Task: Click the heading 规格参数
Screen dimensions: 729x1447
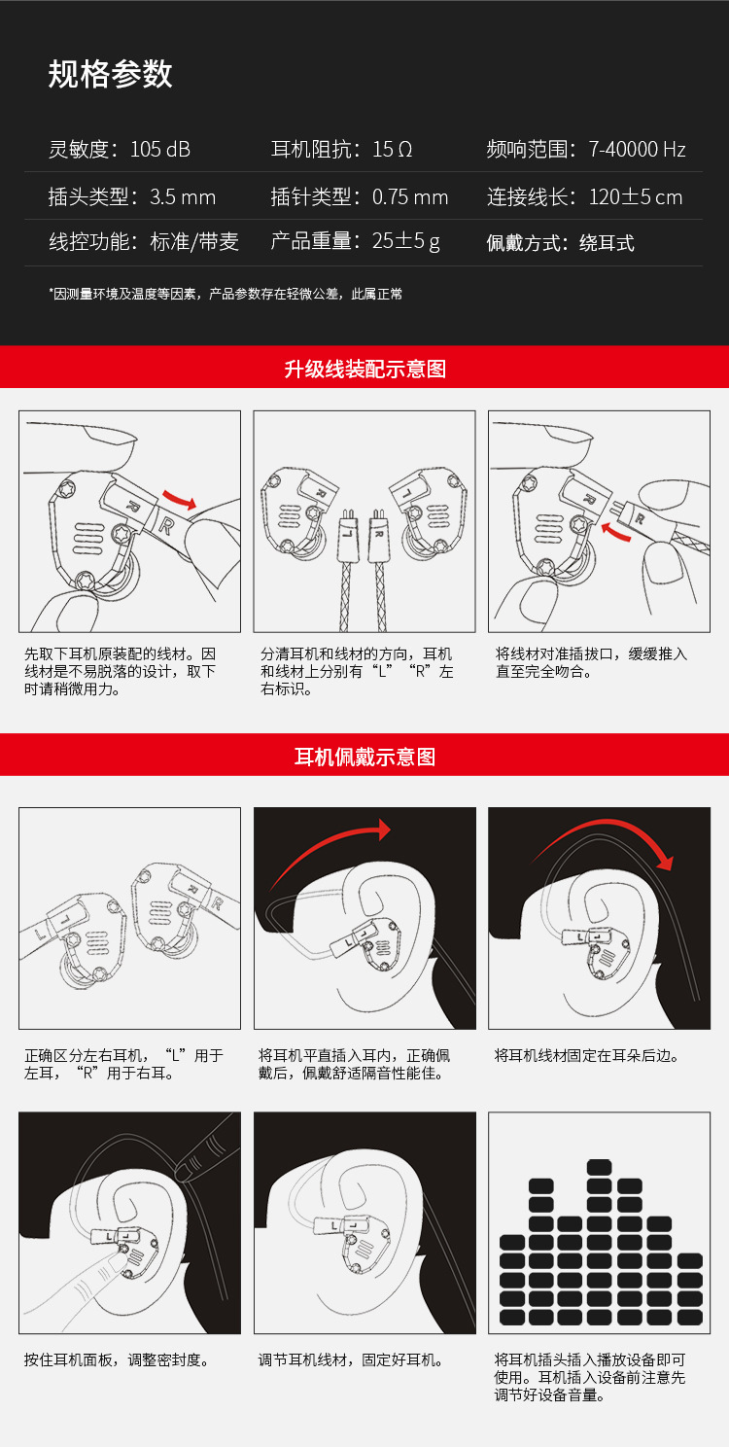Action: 111,74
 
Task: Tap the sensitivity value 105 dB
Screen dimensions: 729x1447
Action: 160,149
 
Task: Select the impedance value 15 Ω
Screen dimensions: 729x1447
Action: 392,149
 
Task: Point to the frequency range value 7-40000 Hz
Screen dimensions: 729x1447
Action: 637,149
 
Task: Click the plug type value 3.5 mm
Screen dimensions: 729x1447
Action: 183,196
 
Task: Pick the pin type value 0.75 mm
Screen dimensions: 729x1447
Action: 410,196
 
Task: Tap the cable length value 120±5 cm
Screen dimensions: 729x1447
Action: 636,196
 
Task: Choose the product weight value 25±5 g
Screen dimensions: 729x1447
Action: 406,241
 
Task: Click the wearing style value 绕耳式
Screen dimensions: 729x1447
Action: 607,243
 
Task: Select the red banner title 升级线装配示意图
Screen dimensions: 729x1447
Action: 364,369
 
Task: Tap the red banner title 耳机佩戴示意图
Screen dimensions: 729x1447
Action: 364,756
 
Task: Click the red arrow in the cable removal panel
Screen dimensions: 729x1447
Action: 179,499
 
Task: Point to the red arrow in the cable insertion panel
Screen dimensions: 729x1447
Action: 615,534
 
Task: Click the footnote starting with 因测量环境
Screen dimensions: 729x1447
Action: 226,294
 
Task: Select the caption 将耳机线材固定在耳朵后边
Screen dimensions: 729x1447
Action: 586,1055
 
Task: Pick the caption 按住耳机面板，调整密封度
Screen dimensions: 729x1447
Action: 118,1359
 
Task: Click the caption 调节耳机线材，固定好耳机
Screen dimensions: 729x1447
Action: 352,1359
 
